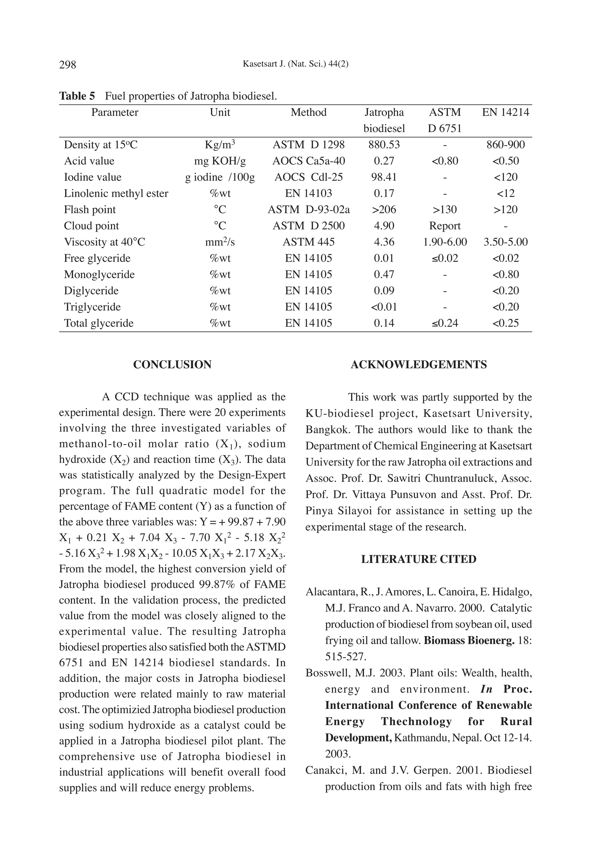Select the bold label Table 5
tap(77, 96)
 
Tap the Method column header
tap(308, 113)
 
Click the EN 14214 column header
tap(505, 113)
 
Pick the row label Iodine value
tap(92, 177)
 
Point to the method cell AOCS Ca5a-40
tap(308, 161)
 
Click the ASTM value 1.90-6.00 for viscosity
tap(445, 242)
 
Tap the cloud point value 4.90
tap(384, 226)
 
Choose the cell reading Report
tap(445, 226)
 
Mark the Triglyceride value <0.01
tap(384, 307)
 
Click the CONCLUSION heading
tap(172, 365)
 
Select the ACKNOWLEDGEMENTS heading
tap(419, 365)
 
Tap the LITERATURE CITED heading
tap(419, 559)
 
